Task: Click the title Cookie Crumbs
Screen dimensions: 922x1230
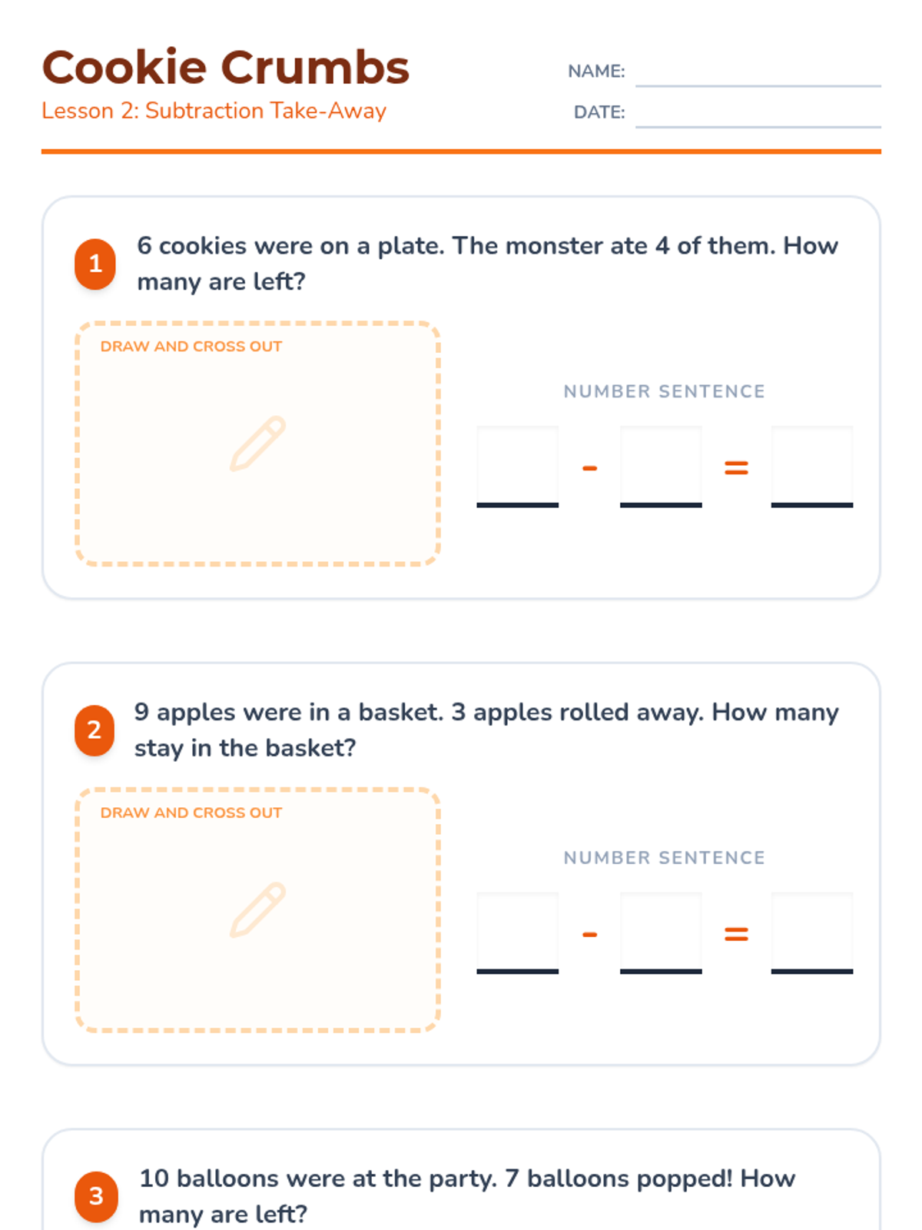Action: (226, 67)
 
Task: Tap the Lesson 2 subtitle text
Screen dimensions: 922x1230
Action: (214, 111)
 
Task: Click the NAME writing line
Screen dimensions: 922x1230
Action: (758, 86)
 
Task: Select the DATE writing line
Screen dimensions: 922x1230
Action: (758, 127)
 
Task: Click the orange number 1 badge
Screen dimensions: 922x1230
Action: (95, 264)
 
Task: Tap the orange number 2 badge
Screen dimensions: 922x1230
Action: (95, 730)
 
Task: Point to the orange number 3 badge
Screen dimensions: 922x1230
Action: (96, 1196)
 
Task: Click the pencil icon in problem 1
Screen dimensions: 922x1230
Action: (258, 444)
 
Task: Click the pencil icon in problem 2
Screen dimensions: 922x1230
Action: (258, 910)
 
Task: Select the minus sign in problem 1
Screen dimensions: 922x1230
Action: (589, 468)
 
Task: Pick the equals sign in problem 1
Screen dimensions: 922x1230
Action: (736, 468)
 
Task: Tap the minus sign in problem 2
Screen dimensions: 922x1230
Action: (589, 934)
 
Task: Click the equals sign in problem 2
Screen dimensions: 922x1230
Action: (736, 934)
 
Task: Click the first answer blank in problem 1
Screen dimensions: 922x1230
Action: (517, 467)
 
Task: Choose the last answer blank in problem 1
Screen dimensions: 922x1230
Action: (811, 467)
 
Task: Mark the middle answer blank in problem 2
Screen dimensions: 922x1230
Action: (661, 933)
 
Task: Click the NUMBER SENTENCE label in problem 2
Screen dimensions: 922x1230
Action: (664, 857)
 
